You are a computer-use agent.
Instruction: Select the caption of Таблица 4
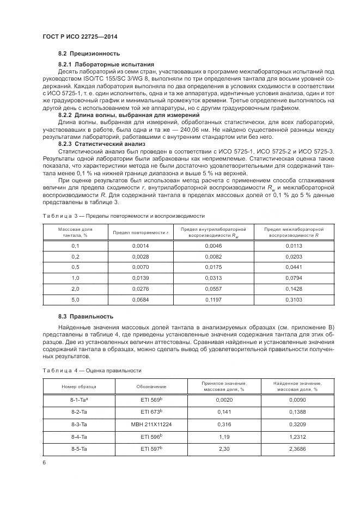click(x=91, y=370)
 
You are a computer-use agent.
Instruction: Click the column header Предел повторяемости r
click(x=141, y=232)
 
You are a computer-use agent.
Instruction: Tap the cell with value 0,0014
click(x=141, y=246)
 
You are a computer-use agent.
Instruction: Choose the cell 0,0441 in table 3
click(x=294, y=267)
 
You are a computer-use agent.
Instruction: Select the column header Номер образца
click(x=79, y=386)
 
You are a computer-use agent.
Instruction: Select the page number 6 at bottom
click(x=44, y=462)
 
